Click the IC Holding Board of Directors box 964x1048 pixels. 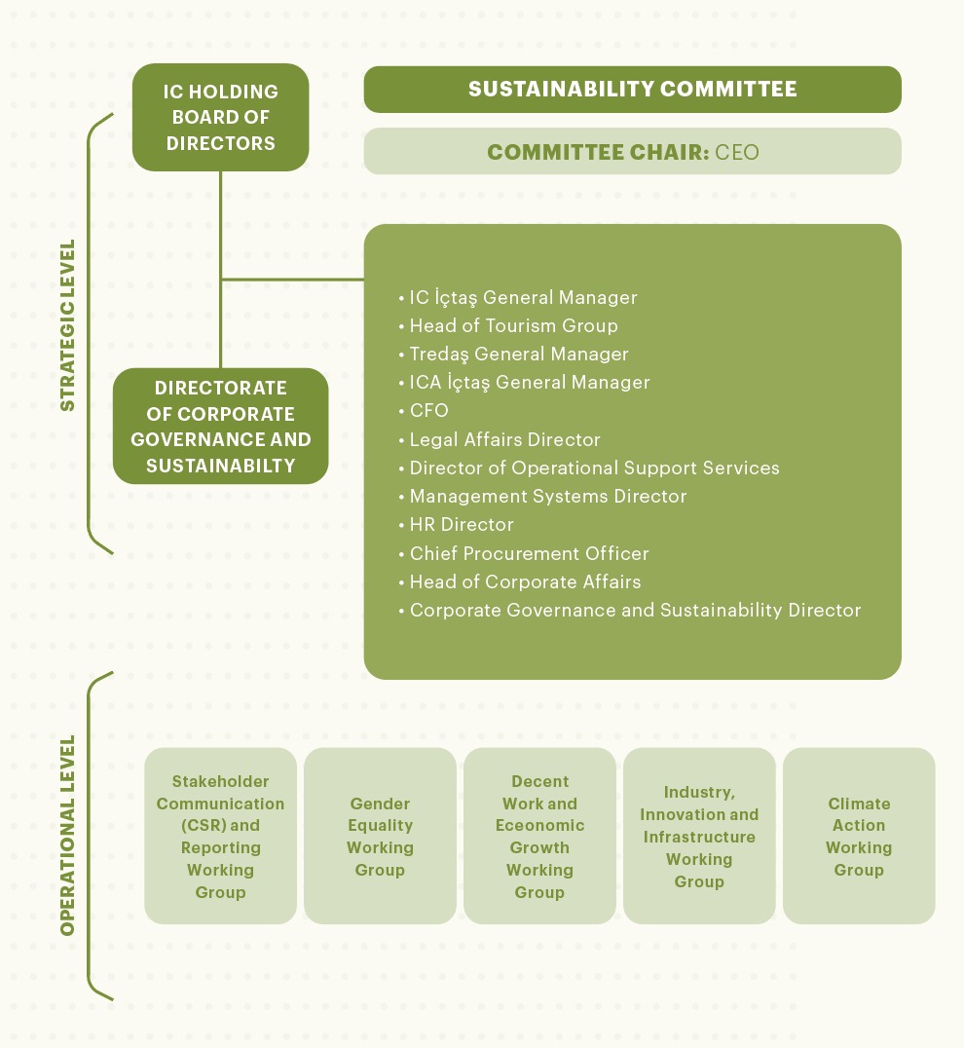221,117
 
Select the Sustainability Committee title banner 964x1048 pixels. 632,90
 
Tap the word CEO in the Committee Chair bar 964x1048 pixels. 737,152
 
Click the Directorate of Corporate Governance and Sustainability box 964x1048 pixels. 221,427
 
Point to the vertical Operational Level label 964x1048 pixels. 67,836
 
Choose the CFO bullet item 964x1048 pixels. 428,411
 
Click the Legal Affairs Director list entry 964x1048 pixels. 504,439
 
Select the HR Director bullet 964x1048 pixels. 461,524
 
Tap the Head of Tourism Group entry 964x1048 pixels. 513,325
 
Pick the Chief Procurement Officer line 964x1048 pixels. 529,553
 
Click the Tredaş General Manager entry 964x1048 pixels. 518,354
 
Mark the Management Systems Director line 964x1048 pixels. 547,496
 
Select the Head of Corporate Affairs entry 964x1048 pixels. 525,581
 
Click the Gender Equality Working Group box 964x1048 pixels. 380,836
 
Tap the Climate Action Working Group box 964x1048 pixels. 859,836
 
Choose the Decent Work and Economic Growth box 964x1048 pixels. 539,836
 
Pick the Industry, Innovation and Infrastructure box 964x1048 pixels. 699,836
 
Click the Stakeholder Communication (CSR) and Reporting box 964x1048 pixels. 220,836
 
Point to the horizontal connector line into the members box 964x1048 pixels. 292,280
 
